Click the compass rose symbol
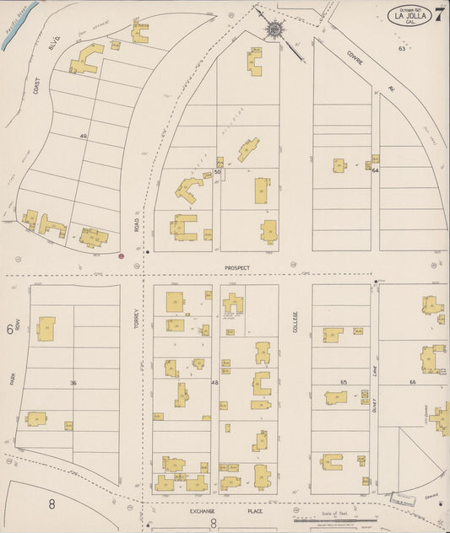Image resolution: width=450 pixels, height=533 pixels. tap(275, 31)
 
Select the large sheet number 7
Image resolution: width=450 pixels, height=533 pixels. tap(440, 13)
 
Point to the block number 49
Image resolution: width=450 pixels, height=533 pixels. tap(84, 136)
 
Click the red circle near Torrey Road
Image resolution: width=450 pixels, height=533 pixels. tap(122, 255)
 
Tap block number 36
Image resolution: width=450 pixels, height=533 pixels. tap(73, 383)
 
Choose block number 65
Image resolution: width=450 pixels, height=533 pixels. tap(344, 382)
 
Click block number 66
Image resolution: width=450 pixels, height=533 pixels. tap(413, 382)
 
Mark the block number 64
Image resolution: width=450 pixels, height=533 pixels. tap(375, 170)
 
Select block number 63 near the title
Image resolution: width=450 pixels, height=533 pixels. tap(402, 48)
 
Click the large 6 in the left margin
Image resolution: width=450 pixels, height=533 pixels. tap(10, 330)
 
